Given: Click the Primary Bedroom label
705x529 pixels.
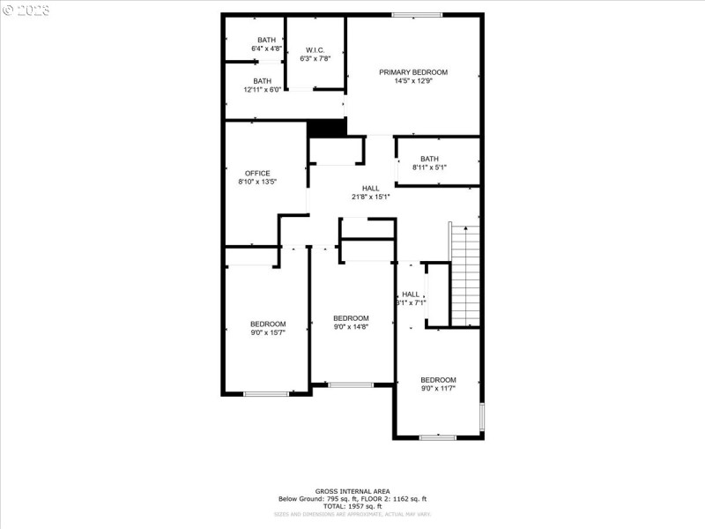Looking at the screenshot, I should coord(413,72).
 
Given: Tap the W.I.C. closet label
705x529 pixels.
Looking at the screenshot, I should coord(315,49).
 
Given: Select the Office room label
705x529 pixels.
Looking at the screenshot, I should coord(257,173).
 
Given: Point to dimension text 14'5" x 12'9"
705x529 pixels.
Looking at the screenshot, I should coord(413,81).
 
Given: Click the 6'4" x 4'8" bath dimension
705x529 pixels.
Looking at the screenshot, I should coord(266,49).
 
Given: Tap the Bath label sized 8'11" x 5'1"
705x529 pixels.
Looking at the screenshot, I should coord(429,159).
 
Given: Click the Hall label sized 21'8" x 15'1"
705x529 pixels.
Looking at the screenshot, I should coord(371,188).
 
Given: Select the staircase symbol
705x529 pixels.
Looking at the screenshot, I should coord(464,274).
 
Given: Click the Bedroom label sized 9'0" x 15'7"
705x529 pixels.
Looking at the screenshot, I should coord(268,324).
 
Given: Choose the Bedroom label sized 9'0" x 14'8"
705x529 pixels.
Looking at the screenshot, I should coord(350,317).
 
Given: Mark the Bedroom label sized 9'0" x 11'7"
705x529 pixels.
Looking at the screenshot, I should coord(438,379).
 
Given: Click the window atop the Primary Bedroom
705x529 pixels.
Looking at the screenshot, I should coord(417,14).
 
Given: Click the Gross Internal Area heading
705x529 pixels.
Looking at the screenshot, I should coord(352,491).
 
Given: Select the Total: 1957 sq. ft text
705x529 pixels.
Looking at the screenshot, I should coord(352,506).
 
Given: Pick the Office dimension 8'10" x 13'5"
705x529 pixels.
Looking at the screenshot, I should coord(257,183).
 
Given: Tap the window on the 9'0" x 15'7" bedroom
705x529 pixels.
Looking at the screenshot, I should coord(266,394).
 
